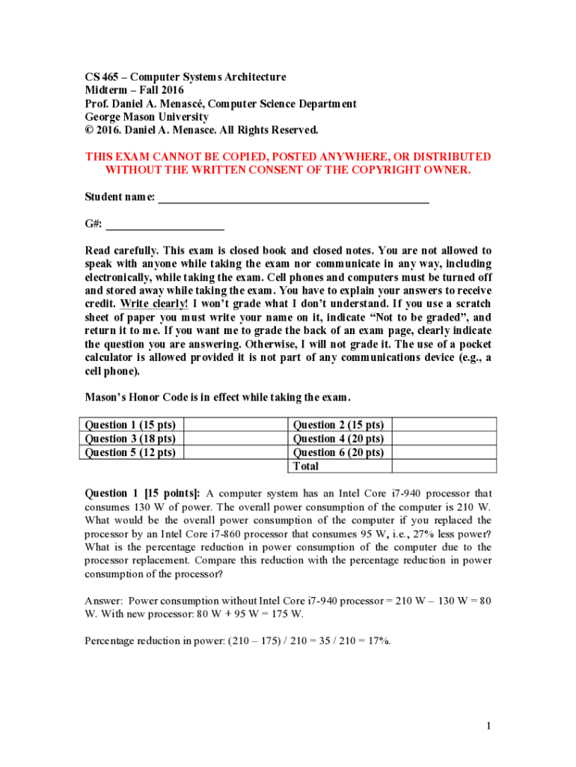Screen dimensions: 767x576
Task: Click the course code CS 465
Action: [x=103, y=77]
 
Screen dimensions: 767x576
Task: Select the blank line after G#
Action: [x=165, y=224]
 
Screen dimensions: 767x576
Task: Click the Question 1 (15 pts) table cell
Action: [x=131, y=425]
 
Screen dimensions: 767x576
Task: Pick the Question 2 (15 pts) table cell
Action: [x=338, y=425]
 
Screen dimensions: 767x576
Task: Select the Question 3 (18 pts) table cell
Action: [x=131, y=439]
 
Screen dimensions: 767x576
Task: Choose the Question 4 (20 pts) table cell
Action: [x=338, y=439]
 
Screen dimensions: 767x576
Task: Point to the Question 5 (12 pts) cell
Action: [x=131, y=452]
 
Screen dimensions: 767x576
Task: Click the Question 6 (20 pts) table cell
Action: [x=338, y=452]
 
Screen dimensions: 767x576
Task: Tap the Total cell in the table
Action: [x=306, y=466]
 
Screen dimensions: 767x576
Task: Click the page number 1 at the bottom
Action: [x=487, y=726]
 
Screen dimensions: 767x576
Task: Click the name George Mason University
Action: [x=147, y=117]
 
